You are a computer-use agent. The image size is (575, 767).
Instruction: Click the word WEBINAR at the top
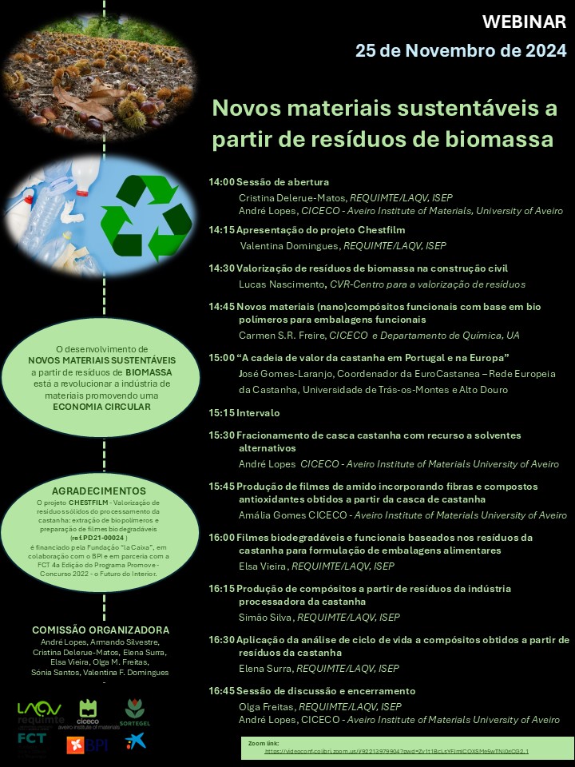pyautogui.click(x=525, y=22)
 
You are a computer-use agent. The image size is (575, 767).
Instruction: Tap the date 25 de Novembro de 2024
pyautogui.click(x=461, y=51)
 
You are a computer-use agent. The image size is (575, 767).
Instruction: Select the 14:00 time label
pyautogui.click(x=221, y=182)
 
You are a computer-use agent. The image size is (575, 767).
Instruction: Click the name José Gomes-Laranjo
pyautogui.click(x=284, y=374)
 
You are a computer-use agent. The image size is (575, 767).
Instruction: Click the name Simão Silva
pyautogui.click(x=266, y=618)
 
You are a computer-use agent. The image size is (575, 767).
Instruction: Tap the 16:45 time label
pyautogui.click(x=221, y=691)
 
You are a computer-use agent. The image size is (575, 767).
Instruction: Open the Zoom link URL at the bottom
pyautogui.click(x=396, y=752)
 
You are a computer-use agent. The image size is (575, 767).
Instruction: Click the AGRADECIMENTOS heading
pyautogui.click(x=99, y=490)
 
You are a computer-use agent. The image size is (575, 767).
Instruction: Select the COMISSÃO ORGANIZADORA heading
pyautogui.click(x=100, y=630)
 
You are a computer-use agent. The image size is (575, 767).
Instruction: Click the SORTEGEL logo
pyautogui.click(x=134, y=711)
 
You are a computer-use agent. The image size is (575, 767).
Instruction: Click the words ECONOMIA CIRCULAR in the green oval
pyautogui.click(x=102, y=406)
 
